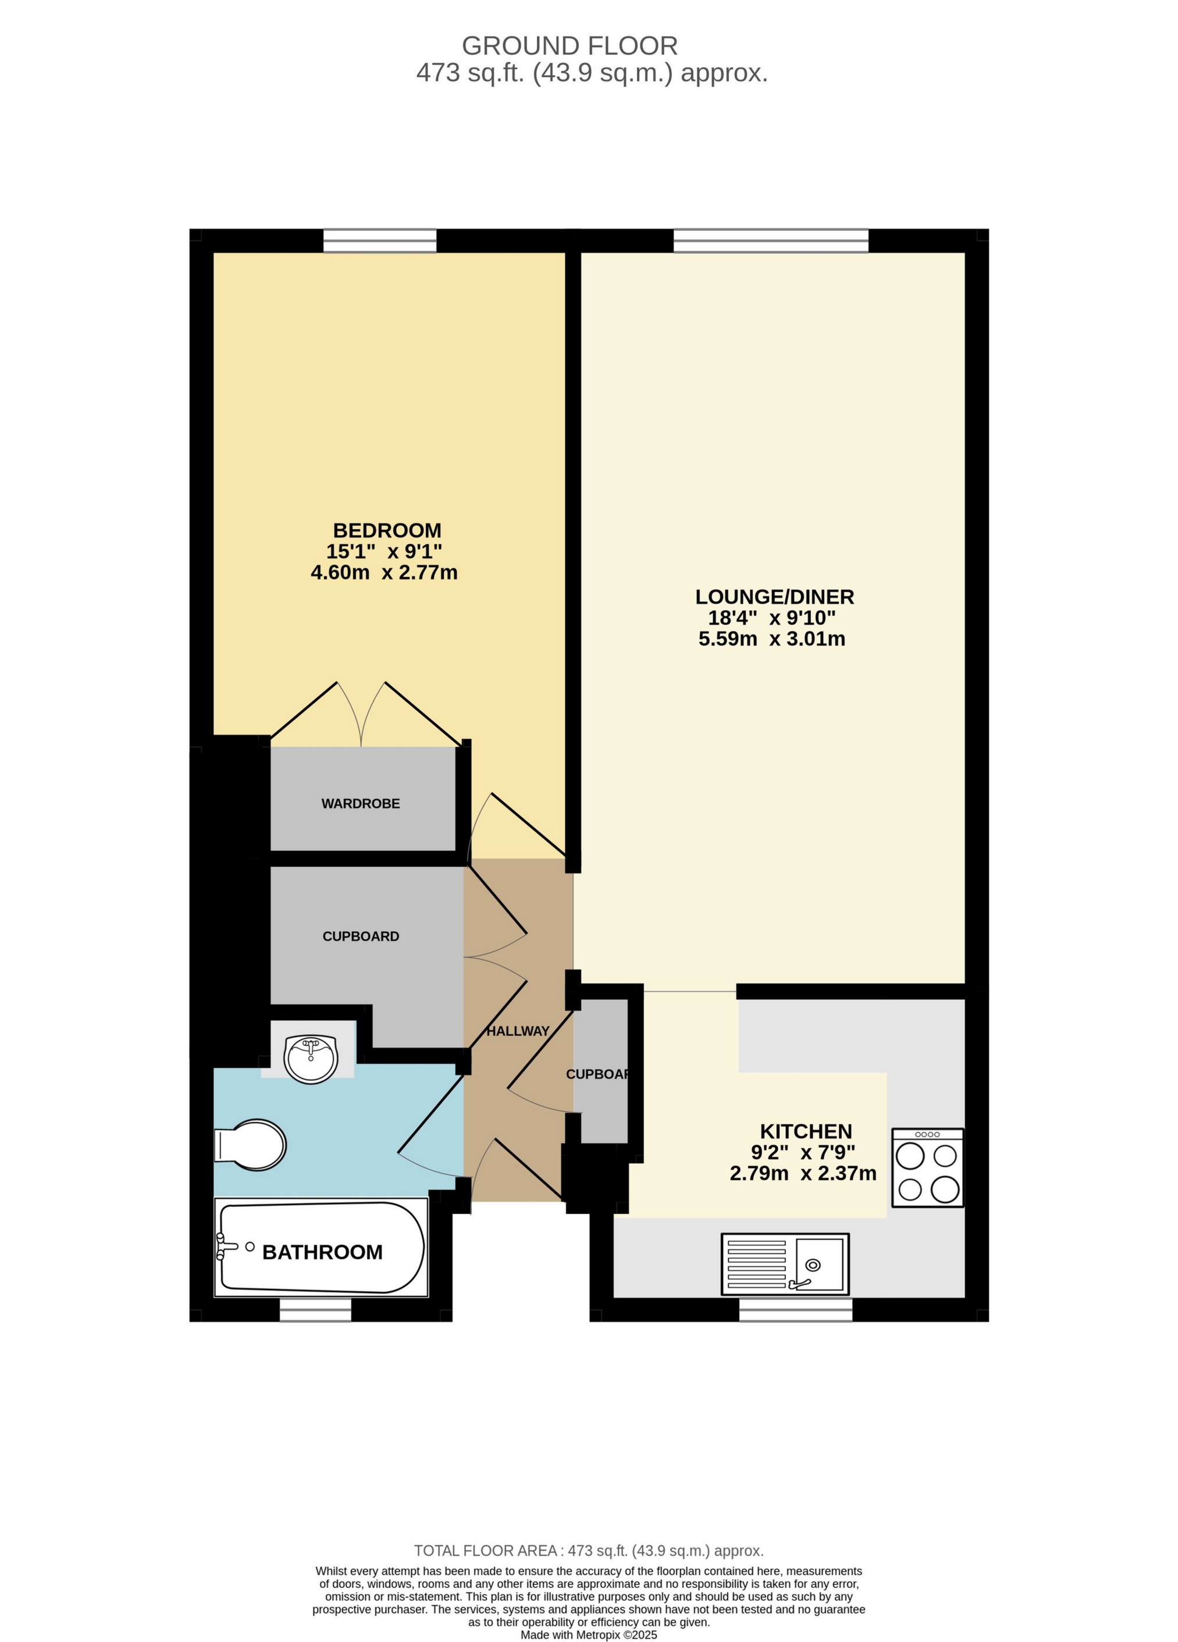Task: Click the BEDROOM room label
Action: (x=387, y=530)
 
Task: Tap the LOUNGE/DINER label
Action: (x=775, y=597)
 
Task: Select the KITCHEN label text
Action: (x=806, y=1131)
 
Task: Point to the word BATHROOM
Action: (x=322, y=1252)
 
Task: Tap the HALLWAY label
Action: (x=518, y=1031)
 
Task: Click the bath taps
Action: (x=229, y=1246)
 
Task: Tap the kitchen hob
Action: (x=927, y=1167)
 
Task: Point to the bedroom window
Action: (x=380, y=240)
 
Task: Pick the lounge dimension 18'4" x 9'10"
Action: (x=772, y=618)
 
